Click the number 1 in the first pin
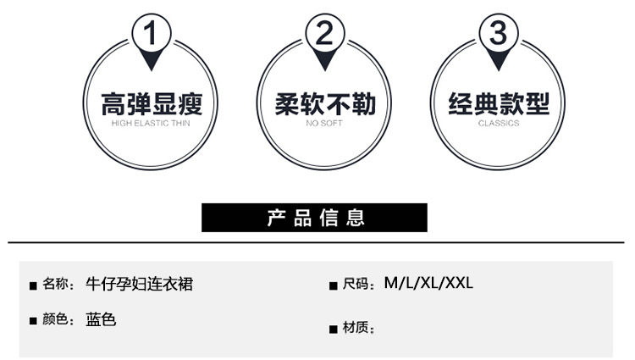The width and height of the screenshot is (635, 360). pos(152,35)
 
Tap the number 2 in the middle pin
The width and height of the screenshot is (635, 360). pos(325,35)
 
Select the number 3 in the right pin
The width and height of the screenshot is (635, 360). pos(499,35)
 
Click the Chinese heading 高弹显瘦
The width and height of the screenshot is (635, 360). pos(152,104)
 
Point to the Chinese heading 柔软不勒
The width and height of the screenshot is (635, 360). pos(325,104)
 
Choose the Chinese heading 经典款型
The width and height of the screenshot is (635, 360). pos(499,104)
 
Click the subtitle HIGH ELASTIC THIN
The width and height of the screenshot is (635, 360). pos(152,124)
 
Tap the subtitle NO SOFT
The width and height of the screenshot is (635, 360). pos(325,124)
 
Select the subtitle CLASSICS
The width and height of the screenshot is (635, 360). pos(499,124)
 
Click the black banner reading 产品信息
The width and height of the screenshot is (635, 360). pos(314,218)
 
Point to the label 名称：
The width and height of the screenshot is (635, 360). pos(58,285)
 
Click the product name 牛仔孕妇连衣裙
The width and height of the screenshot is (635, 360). pos(139,284)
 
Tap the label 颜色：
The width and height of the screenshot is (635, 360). pos(58,321)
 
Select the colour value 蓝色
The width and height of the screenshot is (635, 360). pos(101,320)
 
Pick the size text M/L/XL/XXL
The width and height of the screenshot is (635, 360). pos(428,283)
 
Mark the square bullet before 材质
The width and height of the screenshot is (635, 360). pos(334,329)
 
